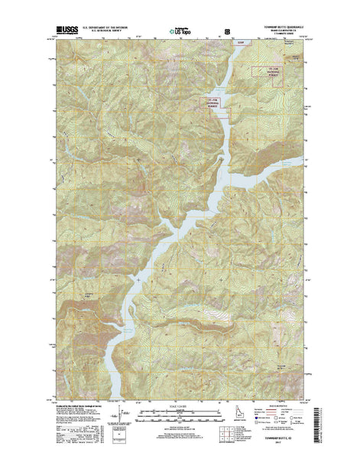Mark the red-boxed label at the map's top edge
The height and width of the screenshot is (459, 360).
point(242,43)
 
